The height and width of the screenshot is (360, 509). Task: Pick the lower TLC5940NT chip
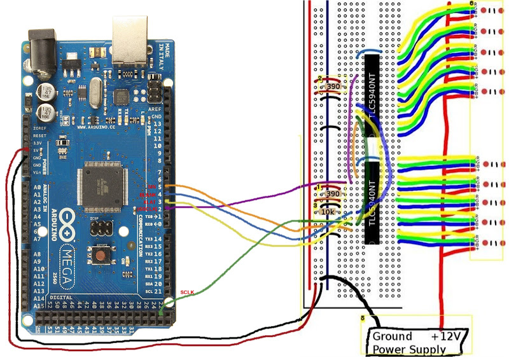(x=372, y=203)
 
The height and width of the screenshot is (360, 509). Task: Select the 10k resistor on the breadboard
(x=328, y=211)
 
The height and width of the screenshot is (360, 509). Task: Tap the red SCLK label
(x=186, y=292)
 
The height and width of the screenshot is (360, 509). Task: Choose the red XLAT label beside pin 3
(x=149, y=201)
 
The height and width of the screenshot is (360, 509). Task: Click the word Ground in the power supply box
(x=392, y=336)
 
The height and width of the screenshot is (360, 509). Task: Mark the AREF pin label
(x=155, y=110)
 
